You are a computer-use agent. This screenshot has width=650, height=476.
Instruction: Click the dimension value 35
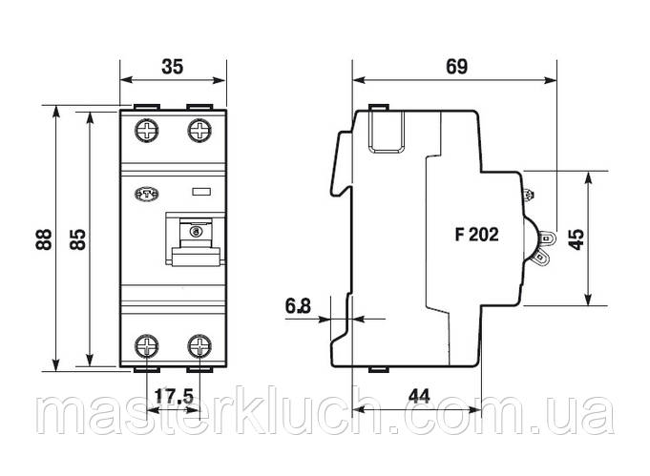[172, 68]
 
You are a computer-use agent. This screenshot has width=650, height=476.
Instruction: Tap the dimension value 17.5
[174, 393]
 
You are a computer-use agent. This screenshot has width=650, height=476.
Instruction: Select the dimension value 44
[417, 393]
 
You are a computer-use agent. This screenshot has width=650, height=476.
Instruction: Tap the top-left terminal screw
[149, 130]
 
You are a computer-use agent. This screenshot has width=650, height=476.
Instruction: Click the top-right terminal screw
[199, 130]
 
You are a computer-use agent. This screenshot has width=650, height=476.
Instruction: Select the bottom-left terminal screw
[149, 344]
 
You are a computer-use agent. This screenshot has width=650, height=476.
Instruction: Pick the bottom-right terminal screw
[199, 344]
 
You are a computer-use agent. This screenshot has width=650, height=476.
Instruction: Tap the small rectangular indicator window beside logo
[202, 192]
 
